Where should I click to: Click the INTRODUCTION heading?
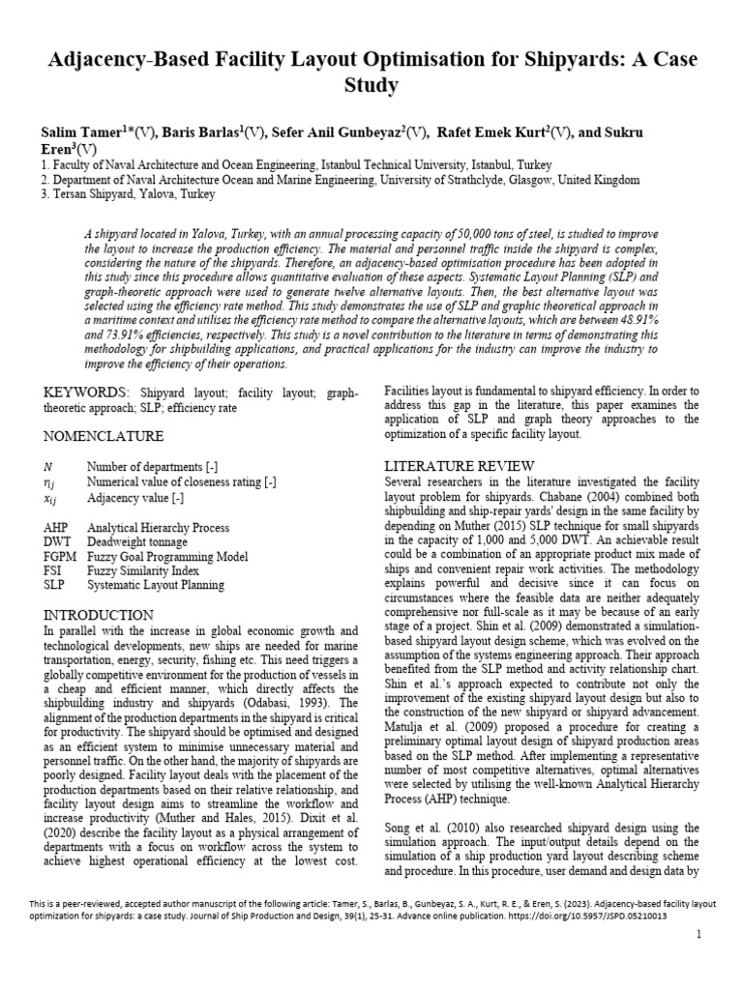tap(99, 615)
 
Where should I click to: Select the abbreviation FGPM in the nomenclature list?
tap(61, 557)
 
